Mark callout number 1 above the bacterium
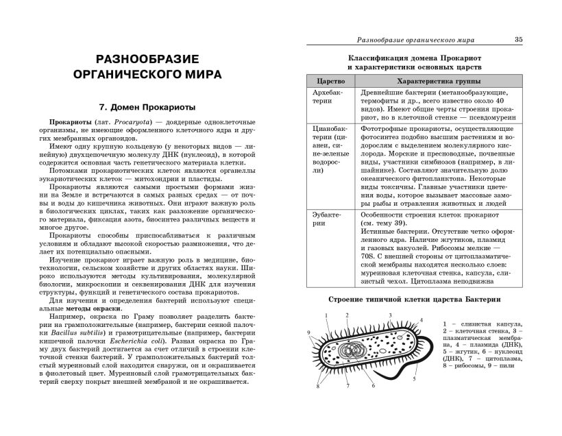tap(327, 315)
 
